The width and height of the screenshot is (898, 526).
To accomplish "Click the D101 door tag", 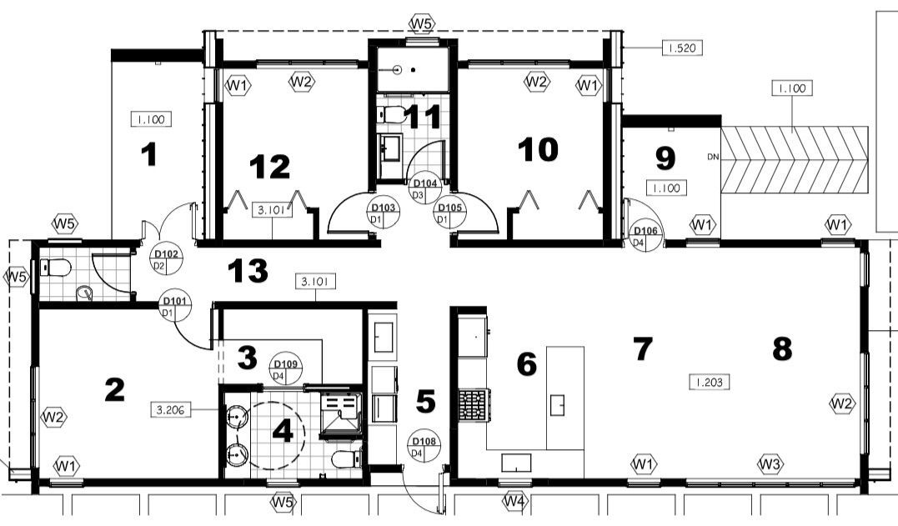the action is point(174,307).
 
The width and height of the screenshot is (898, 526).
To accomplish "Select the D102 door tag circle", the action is point(167,259).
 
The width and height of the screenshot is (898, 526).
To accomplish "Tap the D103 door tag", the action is point(384,213).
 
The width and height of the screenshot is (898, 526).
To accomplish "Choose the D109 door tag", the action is point(285,370).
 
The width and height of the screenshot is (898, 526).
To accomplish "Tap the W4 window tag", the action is point(514,502).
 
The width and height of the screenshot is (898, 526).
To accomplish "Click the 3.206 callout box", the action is point(170,410).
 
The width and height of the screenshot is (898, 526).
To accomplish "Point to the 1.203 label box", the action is point(709,383).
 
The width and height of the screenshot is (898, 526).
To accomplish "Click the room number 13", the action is point(248,271).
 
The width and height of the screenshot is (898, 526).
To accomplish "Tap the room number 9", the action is point(665,158).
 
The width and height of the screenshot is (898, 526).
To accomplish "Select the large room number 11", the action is point(423,117).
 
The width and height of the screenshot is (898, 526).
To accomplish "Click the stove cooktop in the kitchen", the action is point(473,405).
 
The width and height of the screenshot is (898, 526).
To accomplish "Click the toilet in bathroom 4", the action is point(347,458).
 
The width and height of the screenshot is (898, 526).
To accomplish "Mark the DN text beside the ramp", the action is point(713,157).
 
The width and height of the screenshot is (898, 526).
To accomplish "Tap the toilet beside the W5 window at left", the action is point(56,268).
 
